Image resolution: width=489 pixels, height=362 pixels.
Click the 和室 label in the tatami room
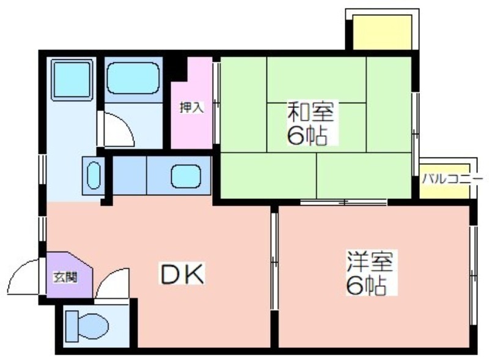pyautogui.click(x=311, y=112)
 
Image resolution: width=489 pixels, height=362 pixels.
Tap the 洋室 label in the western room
pyautogui.click(x=370, y=262)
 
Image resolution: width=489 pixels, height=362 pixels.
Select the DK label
pyautogui.click(x=182, y=273)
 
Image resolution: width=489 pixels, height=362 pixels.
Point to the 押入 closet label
pyautogui.click(x=191, y=107)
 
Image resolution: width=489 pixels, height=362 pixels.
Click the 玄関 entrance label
pyautogui.click(x=65, y=277)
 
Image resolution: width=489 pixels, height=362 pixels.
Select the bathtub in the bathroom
pyautogui.click(x=133, y=78)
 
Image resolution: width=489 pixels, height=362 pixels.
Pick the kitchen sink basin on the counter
pyautogui.click(x=186, y=176)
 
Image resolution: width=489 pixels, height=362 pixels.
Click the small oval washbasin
pyautogui.click(x=94, y=175)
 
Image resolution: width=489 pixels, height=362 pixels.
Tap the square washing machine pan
pyautogui.click(x=72, y=79)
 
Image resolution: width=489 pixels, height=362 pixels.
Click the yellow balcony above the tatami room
pyautogui.click(x=382, y=32)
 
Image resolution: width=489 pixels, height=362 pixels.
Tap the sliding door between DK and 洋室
pyautogui.click(x=274, y=261)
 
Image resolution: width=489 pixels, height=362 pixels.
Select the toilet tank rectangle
pyautogui.click(x=72, y=326)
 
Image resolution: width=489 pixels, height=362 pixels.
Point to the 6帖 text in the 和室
pyautogui.click(x=307, y=136)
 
